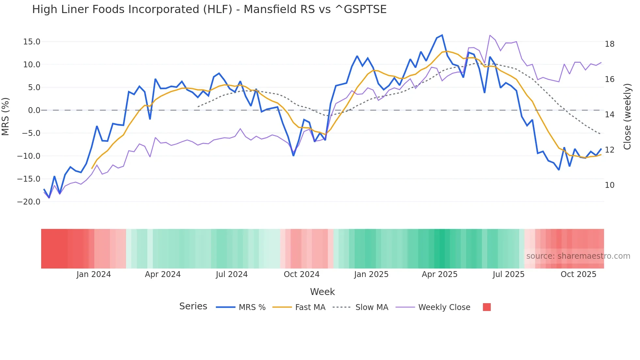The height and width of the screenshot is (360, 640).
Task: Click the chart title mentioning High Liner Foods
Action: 209,9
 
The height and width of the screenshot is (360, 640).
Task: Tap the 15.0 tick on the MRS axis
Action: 32,42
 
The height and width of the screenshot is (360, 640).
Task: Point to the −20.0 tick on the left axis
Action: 29,202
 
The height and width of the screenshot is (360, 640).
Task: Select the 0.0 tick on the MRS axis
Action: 34,110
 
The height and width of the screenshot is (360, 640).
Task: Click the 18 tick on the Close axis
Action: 609,44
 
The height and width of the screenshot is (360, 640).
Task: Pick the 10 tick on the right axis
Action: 609,185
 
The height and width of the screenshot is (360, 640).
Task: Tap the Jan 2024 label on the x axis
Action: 94,274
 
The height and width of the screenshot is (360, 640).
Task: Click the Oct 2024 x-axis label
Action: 301,274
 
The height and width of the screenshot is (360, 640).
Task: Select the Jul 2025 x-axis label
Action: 508,274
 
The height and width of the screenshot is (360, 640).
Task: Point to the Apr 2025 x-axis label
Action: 440,274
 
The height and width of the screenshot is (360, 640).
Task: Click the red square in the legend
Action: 487,307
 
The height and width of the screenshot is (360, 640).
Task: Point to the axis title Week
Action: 322,292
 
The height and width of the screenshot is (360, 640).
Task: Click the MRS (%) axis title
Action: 6,117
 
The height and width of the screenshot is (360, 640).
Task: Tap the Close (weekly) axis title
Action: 627,117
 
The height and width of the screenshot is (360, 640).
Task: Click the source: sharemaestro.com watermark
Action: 578,256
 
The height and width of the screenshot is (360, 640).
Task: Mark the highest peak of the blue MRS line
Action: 442,35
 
